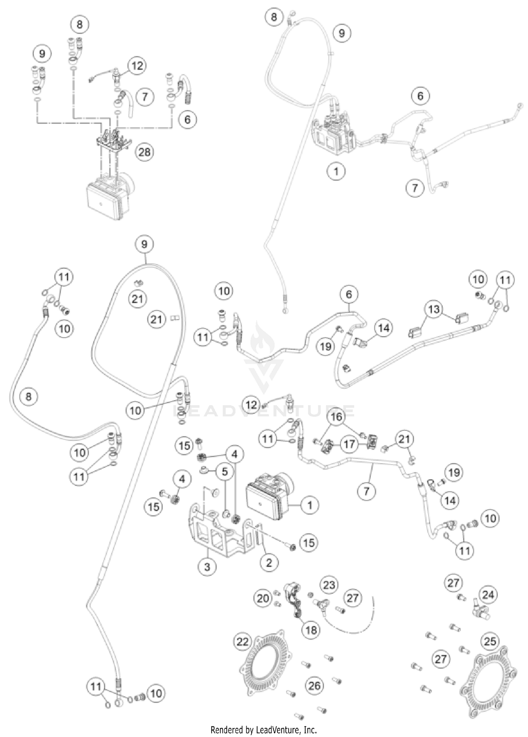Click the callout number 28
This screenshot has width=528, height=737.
[144, 152]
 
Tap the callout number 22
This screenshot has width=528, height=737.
[243, 642]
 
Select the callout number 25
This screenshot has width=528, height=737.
[490, 641]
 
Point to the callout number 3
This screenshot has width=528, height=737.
[207, 567]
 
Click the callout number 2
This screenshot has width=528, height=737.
[269, 562]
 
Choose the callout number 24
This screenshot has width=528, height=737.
[488, 595]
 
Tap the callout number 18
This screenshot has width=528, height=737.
[311, 630]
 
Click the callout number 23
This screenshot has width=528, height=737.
[329, 585]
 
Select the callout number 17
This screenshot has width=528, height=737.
[349, 444]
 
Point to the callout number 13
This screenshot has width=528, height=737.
[434, 309]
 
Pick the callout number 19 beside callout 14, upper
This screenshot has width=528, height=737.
[326, 346]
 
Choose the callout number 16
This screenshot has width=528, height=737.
[337, 416]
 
